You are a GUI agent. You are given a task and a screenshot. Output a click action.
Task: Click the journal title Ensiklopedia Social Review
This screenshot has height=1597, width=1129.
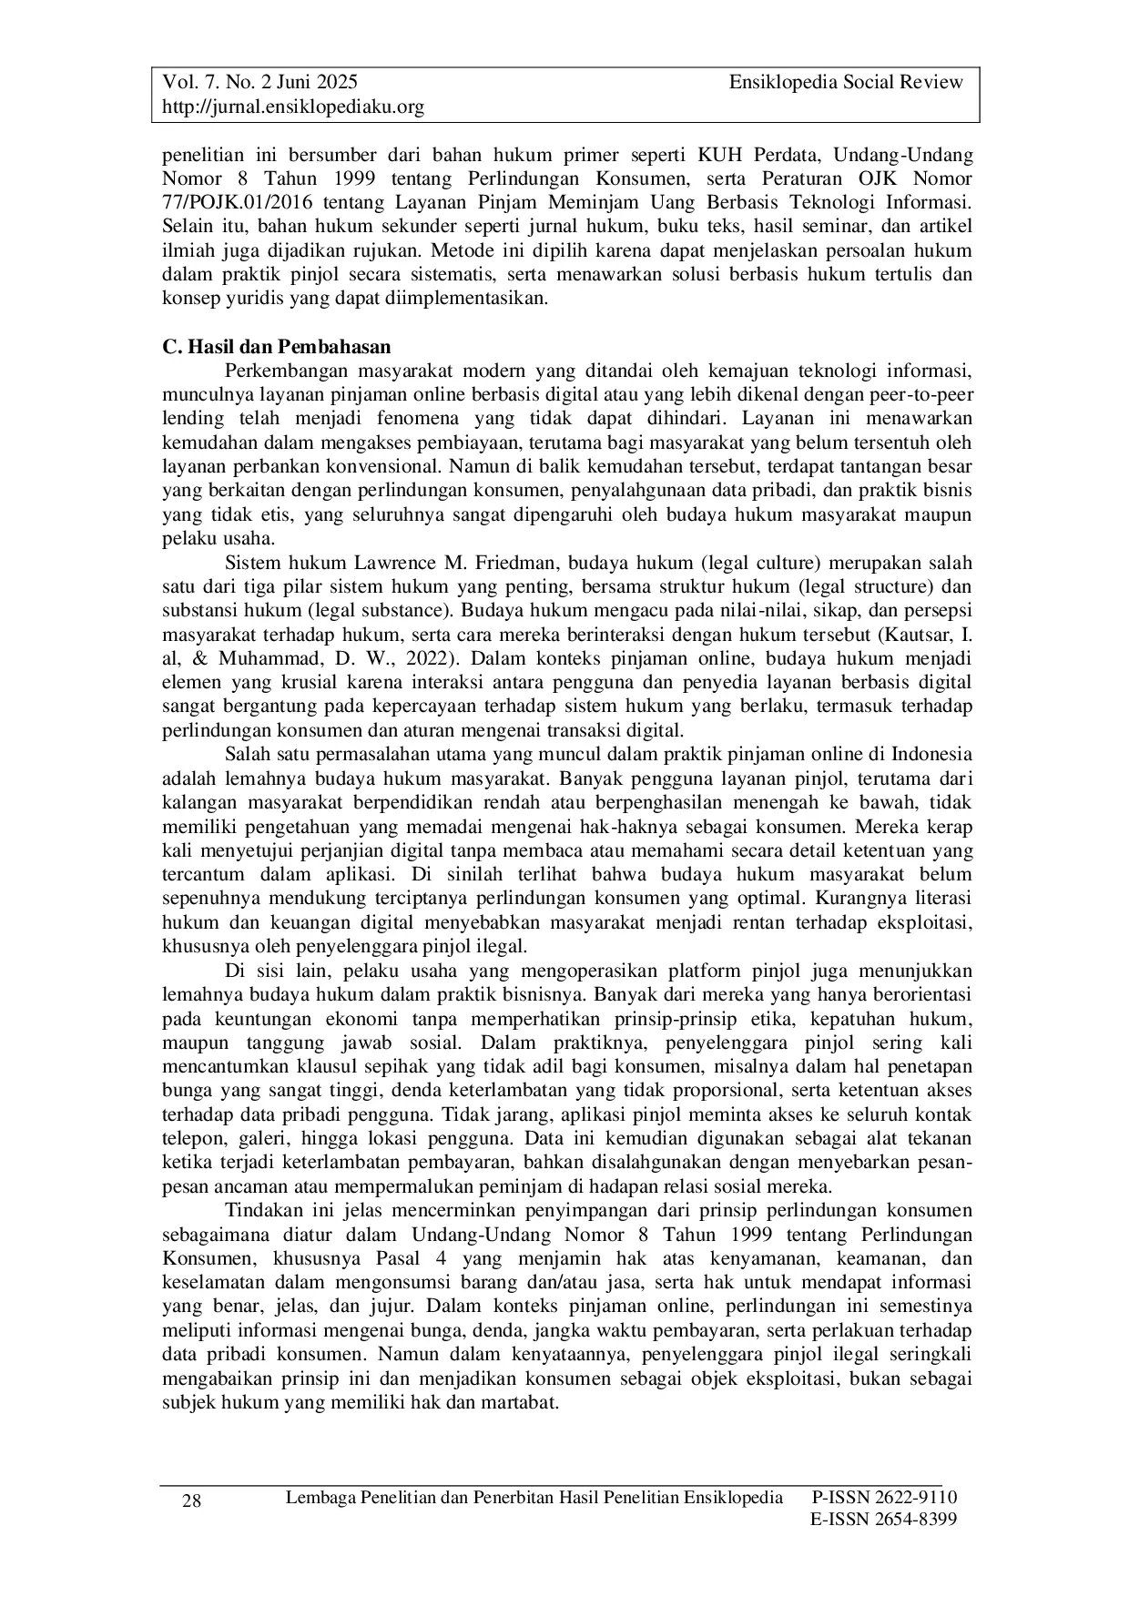[x=846, y=83]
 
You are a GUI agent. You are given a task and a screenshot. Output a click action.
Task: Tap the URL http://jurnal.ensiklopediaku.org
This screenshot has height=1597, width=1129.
[x=293, y=107]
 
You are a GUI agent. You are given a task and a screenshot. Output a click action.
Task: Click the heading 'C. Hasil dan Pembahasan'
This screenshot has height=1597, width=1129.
[x=276, y=347]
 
